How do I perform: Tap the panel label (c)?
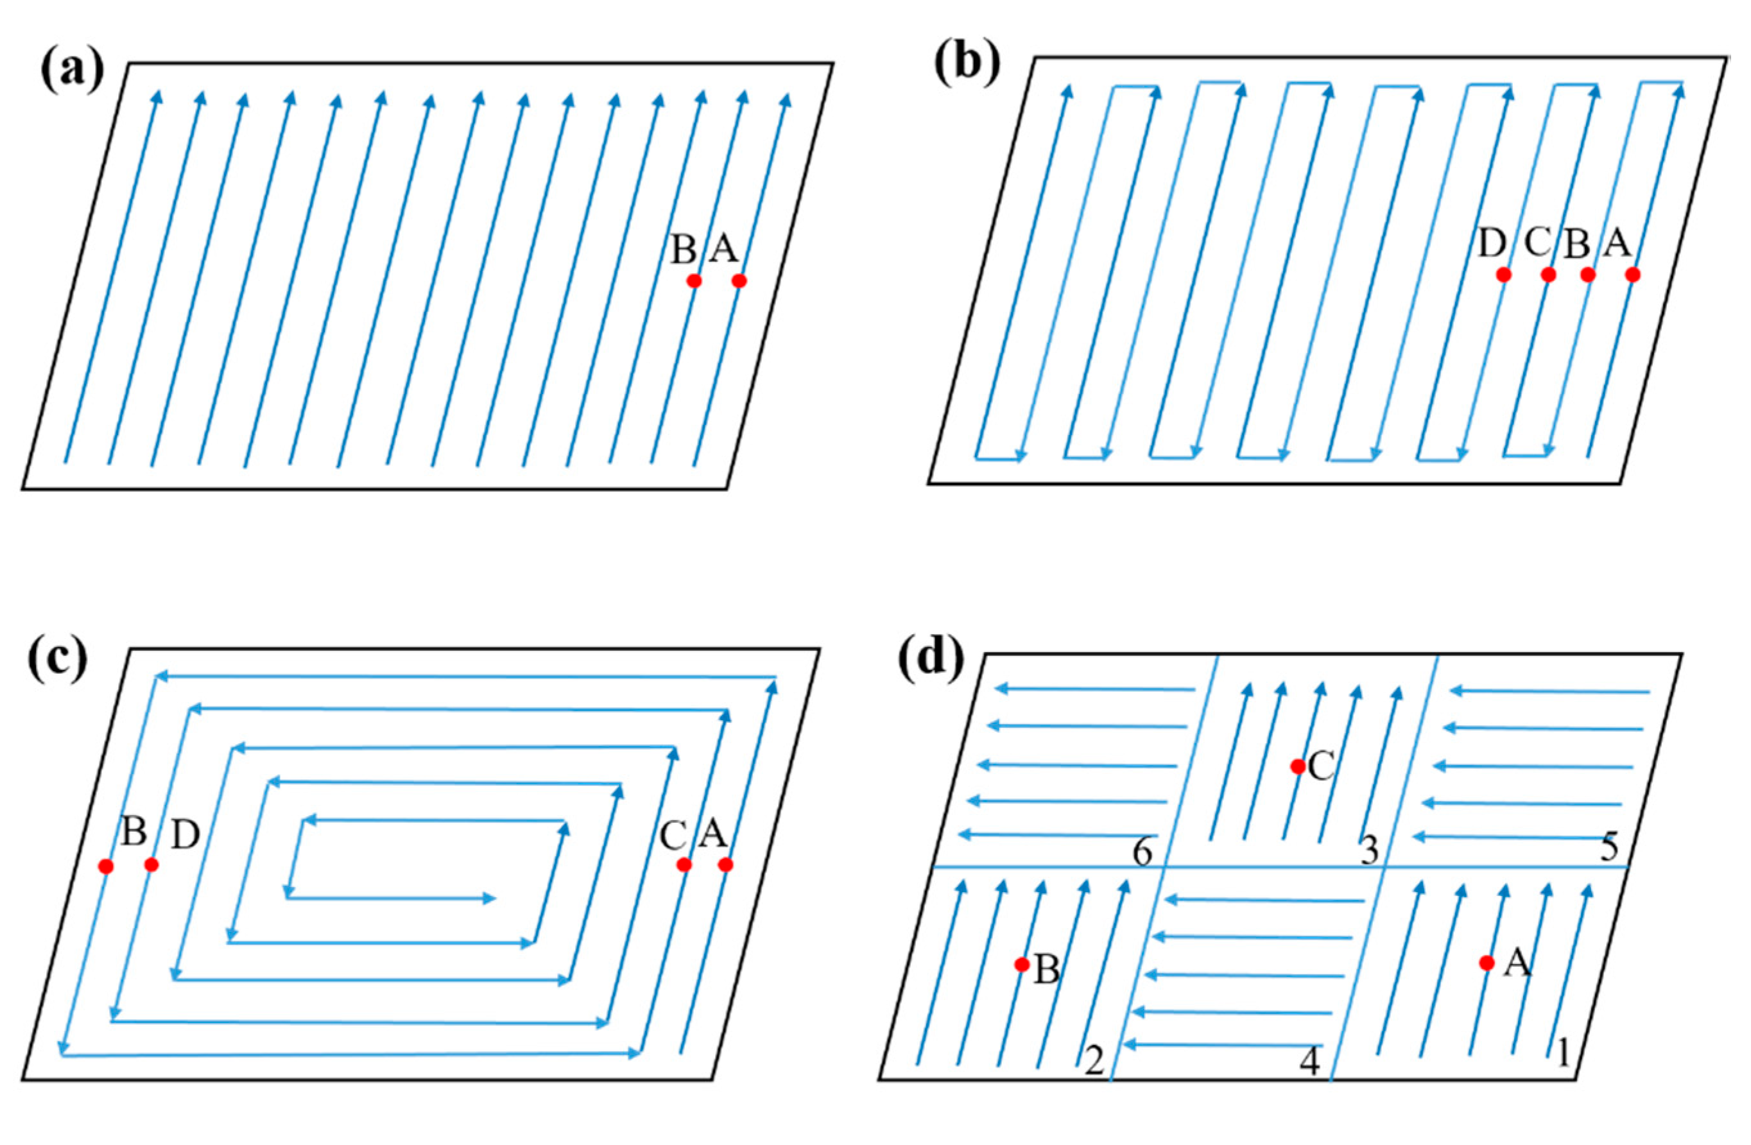pos(56,657)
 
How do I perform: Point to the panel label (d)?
pos(930,657)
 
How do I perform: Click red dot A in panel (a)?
pos(739,280)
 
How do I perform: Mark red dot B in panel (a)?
pos(694,280)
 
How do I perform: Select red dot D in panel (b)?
pos(1504,275)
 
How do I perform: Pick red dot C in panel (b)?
pos(1549,275)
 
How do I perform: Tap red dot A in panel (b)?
pos(1632,275)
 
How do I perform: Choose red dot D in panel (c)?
pos(151,865)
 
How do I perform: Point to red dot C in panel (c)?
pos(684,865)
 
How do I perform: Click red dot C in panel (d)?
pos(1298,766)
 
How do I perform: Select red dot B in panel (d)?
pos(1021,965)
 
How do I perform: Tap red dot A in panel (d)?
pos(1487,963)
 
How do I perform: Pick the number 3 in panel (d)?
pos(1368,852)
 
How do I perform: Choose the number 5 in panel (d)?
pos(1609,848)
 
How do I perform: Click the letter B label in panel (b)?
pos(1576,245)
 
